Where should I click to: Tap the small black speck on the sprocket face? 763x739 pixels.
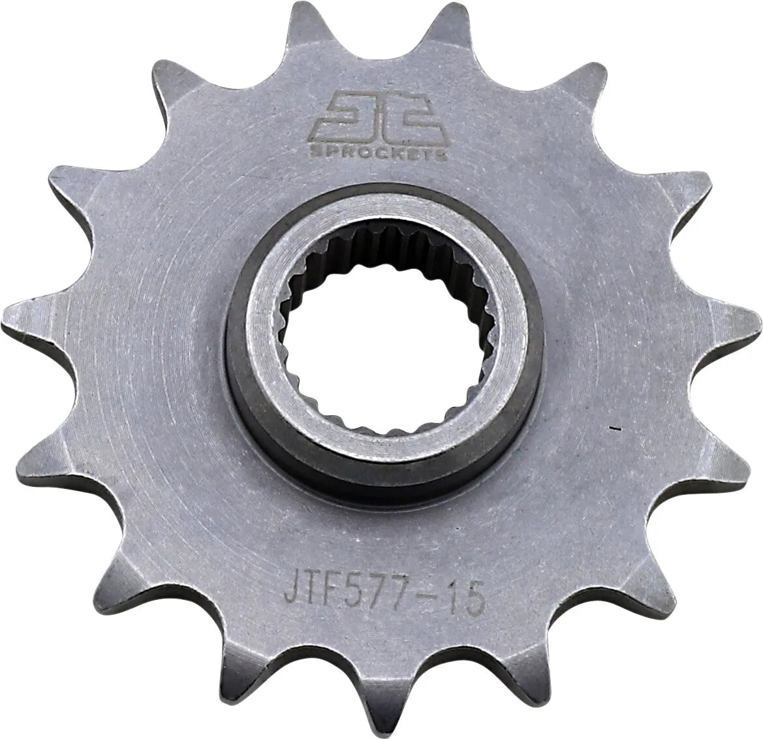point(614,429)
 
